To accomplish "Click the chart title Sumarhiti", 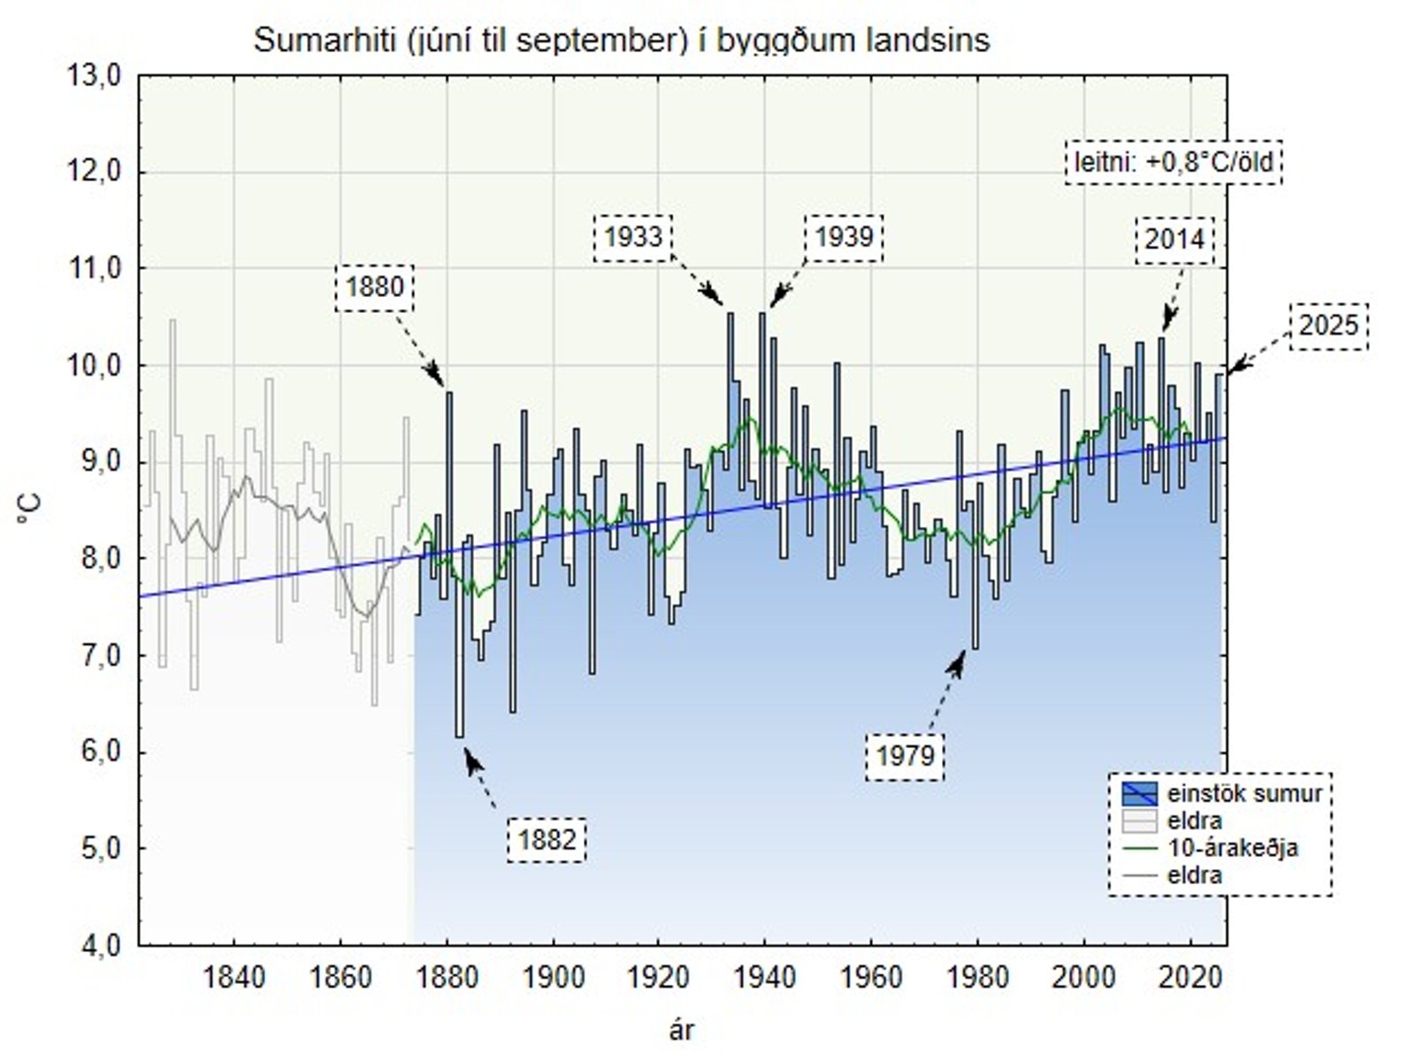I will [x=622, y=41].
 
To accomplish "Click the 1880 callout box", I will [x=375, y=287].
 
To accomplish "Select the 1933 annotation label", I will [x=633, y=237].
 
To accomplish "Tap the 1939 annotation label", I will [x=844, y=237].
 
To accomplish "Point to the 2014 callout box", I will [x=1174, y=240].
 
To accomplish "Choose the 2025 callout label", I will [x=1328, y=326].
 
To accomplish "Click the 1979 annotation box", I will [x=906, y=756].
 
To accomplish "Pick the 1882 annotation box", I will [x=547, y=839].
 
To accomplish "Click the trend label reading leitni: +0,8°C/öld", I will [x=1174, y=163].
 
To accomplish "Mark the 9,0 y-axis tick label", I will [x=96, y=462].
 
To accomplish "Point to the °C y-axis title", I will [x=28, y=510].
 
